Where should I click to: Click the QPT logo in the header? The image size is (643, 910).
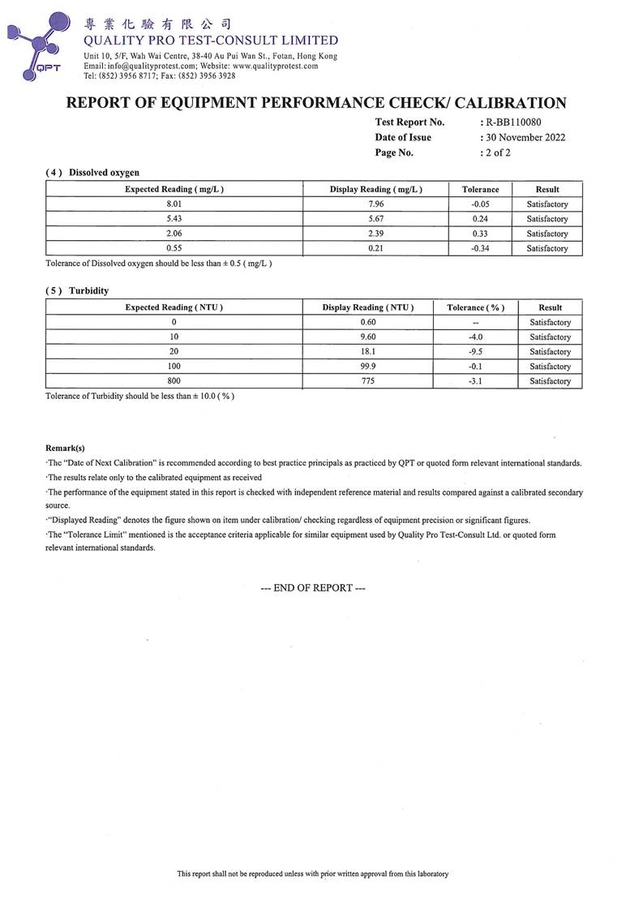point(36,45)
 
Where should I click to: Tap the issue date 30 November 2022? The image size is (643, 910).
point(525,137)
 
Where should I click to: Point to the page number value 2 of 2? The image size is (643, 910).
point(498,152)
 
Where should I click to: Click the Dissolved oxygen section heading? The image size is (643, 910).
point(104,173)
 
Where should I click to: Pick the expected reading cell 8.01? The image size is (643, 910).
point(174,204)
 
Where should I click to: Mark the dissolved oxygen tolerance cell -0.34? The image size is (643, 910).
point(480,248)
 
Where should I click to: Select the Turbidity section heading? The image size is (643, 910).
point(89,290)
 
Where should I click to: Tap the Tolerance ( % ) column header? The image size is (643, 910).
point(475,307)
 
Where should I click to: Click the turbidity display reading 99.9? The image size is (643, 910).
point(368,367)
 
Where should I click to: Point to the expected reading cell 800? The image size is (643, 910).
point(174,381)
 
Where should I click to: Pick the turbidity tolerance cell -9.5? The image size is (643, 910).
point(475,352)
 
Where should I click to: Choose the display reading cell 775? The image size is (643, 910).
point(368,381)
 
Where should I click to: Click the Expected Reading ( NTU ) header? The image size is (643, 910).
point(174,307)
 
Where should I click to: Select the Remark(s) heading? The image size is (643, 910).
point(65,448)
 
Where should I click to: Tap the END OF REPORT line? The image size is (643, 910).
point(313,588)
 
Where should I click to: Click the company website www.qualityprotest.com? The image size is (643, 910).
point(275,66)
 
